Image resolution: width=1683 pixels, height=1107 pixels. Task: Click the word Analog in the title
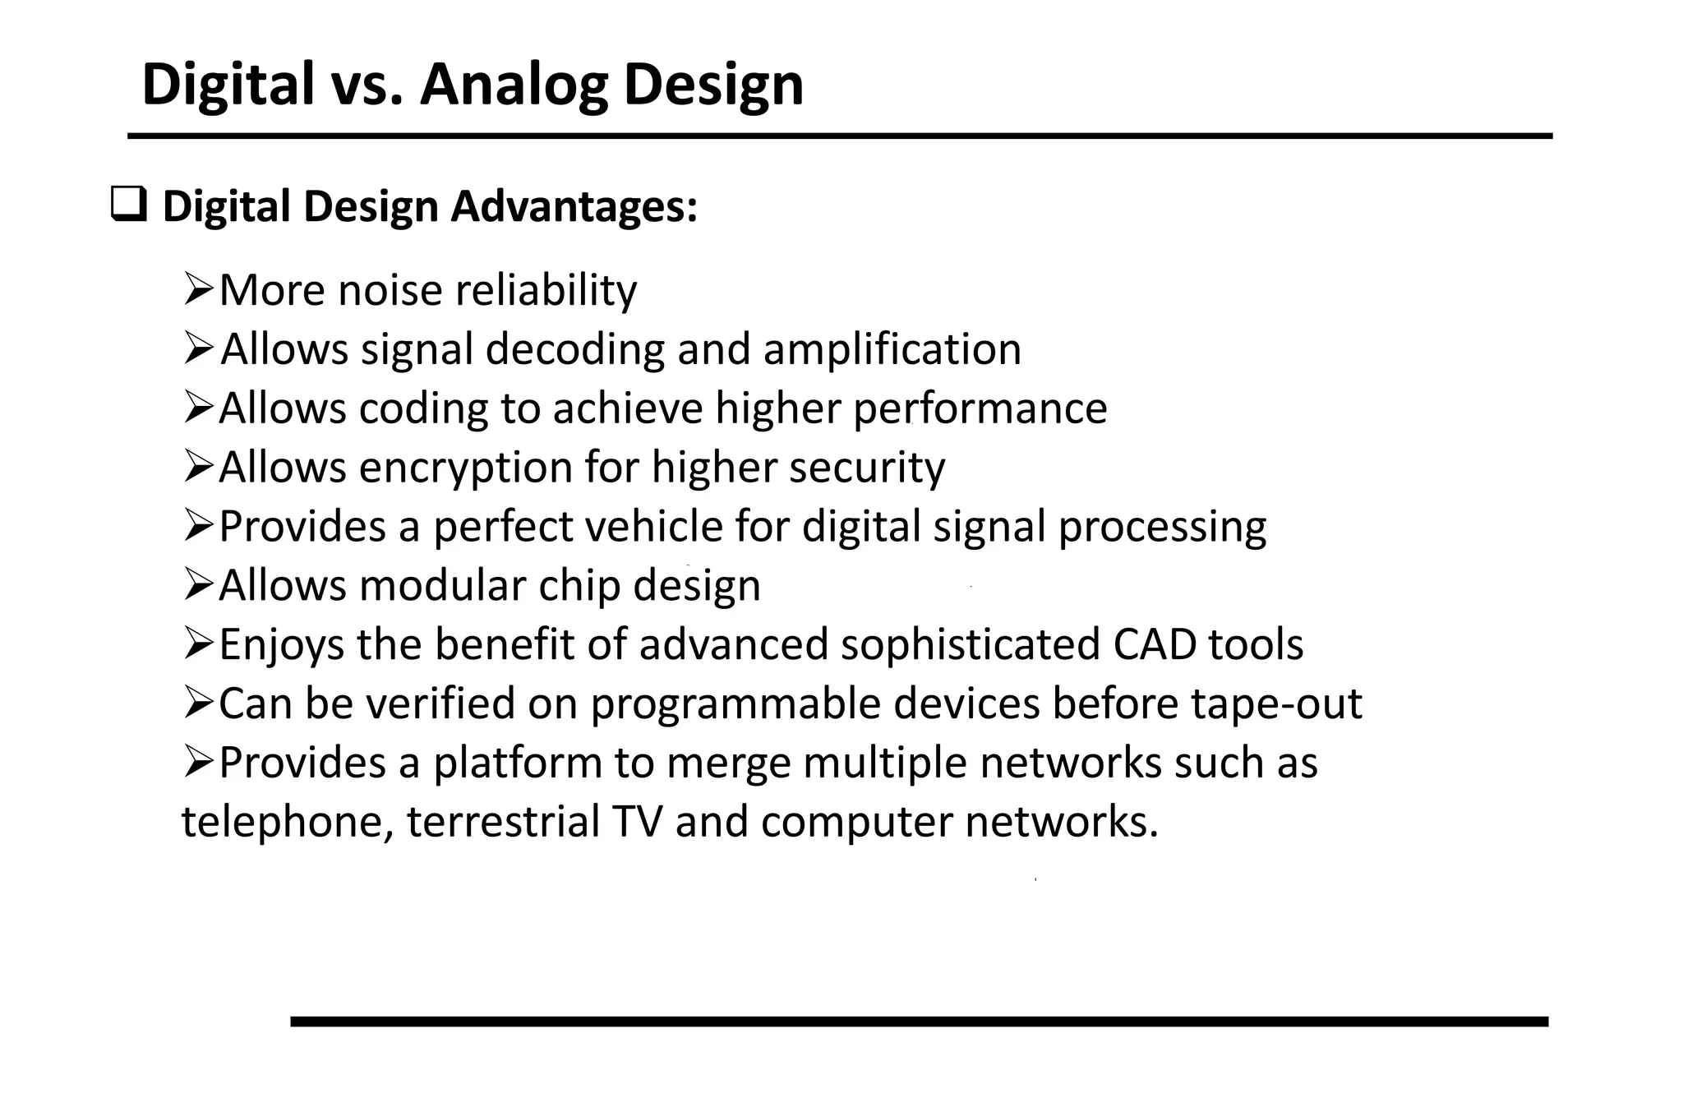click(x=514, y=85)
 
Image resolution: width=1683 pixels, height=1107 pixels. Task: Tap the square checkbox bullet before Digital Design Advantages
click(x=129, y=205)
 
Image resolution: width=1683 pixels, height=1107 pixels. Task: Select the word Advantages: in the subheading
click(x=574, y=206)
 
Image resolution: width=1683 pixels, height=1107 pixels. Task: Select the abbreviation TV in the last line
click(x=637, y=821)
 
